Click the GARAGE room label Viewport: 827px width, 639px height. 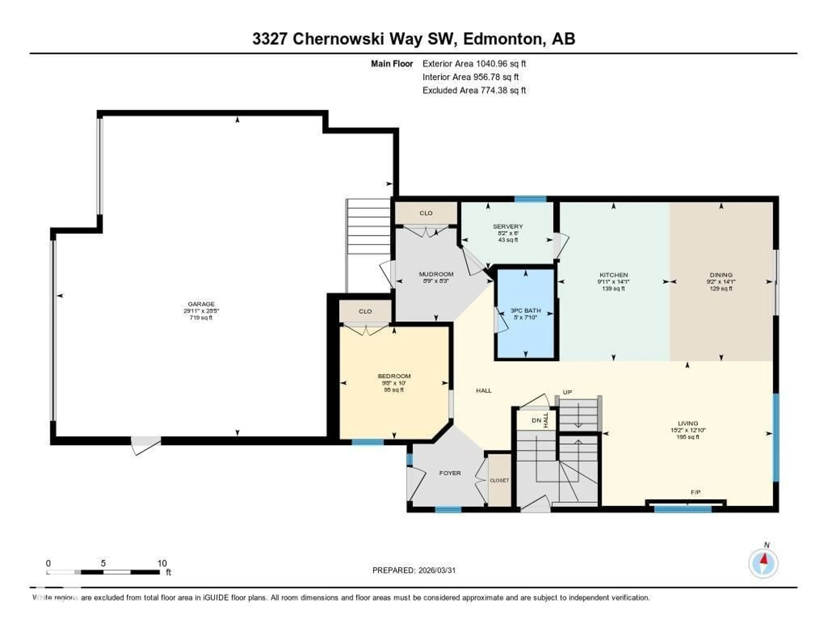tap(201, 304)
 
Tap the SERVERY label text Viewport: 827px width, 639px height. tap(508, 226)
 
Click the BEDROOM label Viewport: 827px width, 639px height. tap(394, 376)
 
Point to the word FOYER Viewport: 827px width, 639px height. tap(450, 473)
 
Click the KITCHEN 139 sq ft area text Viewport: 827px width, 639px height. tap(613, 289)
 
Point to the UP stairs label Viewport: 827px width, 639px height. tap(567, 392)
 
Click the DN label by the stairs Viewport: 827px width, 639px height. tap(536, 421)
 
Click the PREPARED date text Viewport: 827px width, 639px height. tap(414, 570)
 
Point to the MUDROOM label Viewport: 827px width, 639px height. tap(436, 274)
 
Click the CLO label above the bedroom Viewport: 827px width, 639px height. tap(365, 311)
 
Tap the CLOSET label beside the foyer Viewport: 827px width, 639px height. tap(499, 480)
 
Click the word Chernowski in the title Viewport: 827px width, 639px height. tap(338, 39)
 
